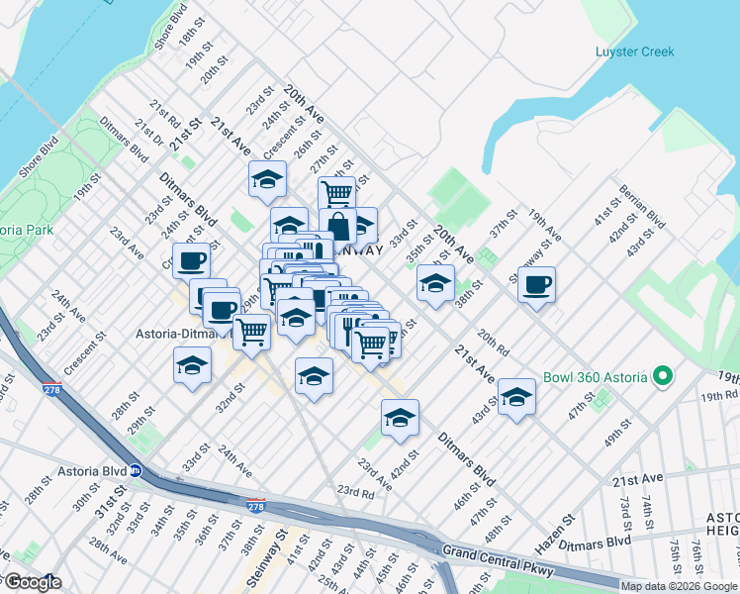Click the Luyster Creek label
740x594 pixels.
tap(634, 51)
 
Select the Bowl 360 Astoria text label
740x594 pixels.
tap(594, 377)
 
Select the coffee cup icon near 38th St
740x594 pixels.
tap(536, 285)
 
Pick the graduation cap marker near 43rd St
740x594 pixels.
tap(516, 397)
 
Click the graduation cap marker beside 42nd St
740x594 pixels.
tap(400, 418)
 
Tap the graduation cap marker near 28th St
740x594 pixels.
tap(192, 365)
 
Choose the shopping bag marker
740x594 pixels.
tap(337, 226)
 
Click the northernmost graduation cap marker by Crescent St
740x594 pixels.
tap(267, 179)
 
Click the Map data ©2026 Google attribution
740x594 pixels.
tap(679, 586)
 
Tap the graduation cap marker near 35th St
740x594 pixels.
tap(435, 283)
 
